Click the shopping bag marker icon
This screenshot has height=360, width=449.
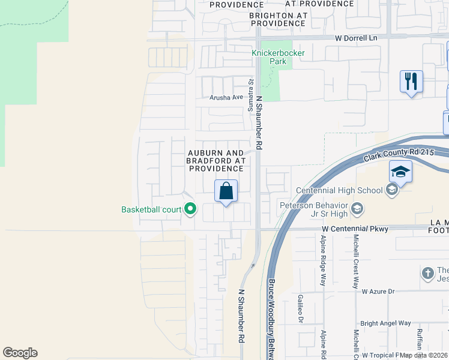[226, 191]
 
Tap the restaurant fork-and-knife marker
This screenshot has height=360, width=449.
[411, 81]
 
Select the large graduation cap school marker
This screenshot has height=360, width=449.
[400, 173]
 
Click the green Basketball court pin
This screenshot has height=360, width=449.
[191, 209]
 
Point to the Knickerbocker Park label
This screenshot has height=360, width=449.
[278, 57]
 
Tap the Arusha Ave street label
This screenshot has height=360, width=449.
[226, 97]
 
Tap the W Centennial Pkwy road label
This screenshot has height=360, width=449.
[355, 229]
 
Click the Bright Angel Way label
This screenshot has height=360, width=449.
[387, 323]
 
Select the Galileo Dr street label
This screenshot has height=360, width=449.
[300, 308]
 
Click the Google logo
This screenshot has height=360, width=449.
[20, 353]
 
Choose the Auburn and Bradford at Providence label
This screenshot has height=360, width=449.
[215, 161]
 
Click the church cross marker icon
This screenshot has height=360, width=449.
[427, 272]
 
